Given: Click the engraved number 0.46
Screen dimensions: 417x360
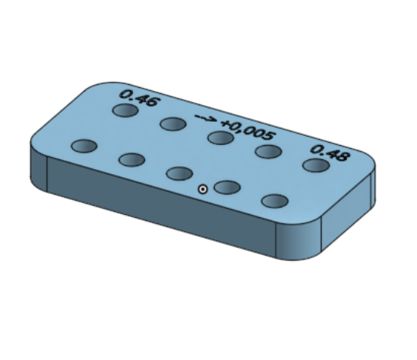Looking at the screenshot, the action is point(141,98).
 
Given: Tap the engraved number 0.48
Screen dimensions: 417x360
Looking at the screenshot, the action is point(330,153).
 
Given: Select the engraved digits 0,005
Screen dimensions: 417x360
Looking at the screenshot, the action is point(252,131).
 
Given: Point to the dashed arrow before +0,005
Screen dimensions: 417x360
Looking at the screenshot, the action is point(205,119).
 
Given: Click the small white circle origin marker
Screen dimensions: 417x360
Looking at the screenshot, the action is point(203,189).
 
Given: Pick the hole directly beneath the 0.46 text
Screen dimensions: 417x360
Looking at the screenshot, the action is point(125,110).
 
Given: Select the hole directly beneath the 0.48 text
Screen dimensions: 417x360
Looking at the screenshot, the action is point(316,165).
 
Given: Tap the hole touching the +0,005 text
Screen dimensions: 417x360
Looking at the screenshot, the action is point(221,138).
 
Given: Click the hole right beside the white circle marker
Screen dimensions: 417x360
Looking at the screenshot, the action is point(227,187).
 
